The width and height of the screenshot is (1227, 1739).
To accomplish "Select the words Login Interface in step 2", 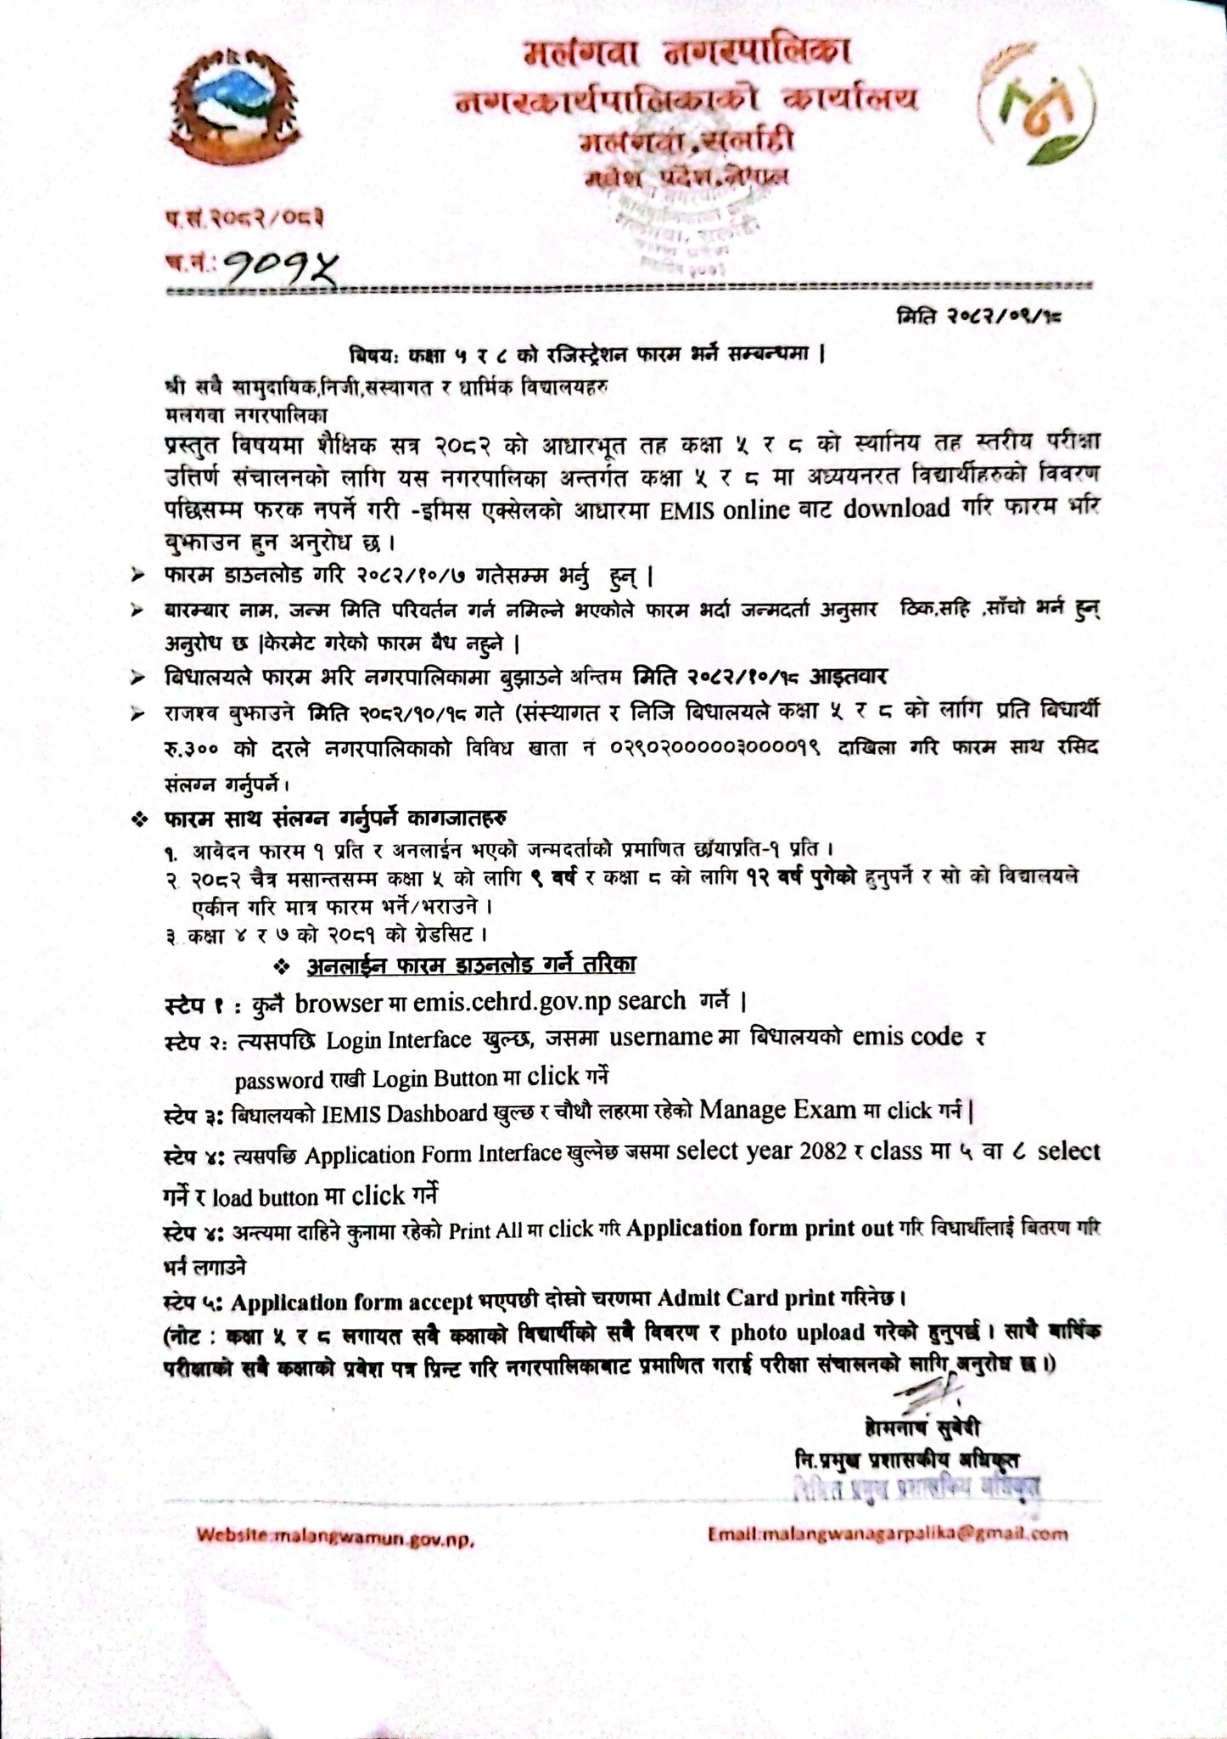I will coord(399,1039).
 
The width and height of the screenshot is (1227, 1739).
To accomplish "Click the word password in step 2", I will coord(279,1080).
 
